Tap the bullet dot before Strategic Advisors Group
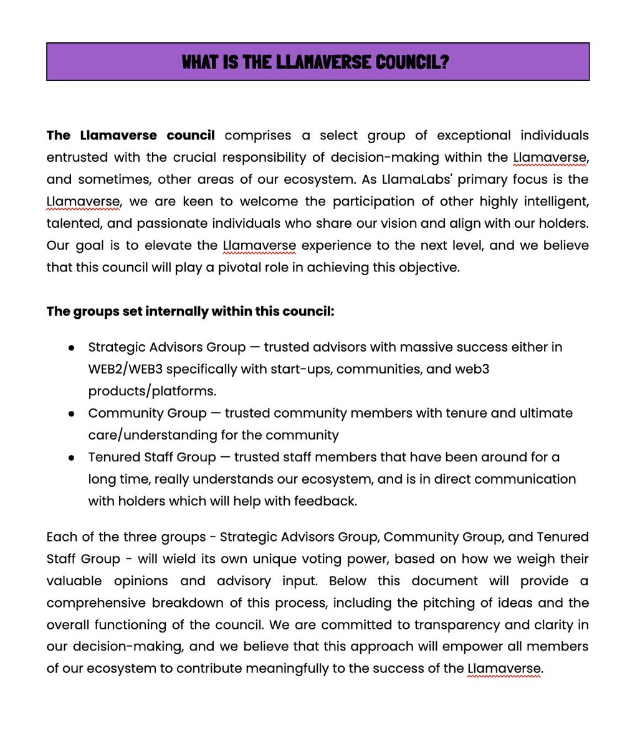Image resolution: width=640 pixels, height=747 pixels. point(72,347)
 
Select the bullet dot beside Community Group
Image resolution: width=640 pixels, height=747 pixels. point(72,413)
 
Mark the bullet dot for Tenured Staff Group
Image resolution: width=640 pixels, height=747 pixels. point(72,458)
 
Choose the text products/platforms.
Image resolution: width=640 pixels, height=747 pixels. point(152,391)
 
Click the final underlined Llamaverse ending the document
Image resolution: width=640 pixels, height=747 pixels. point(504,669)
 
